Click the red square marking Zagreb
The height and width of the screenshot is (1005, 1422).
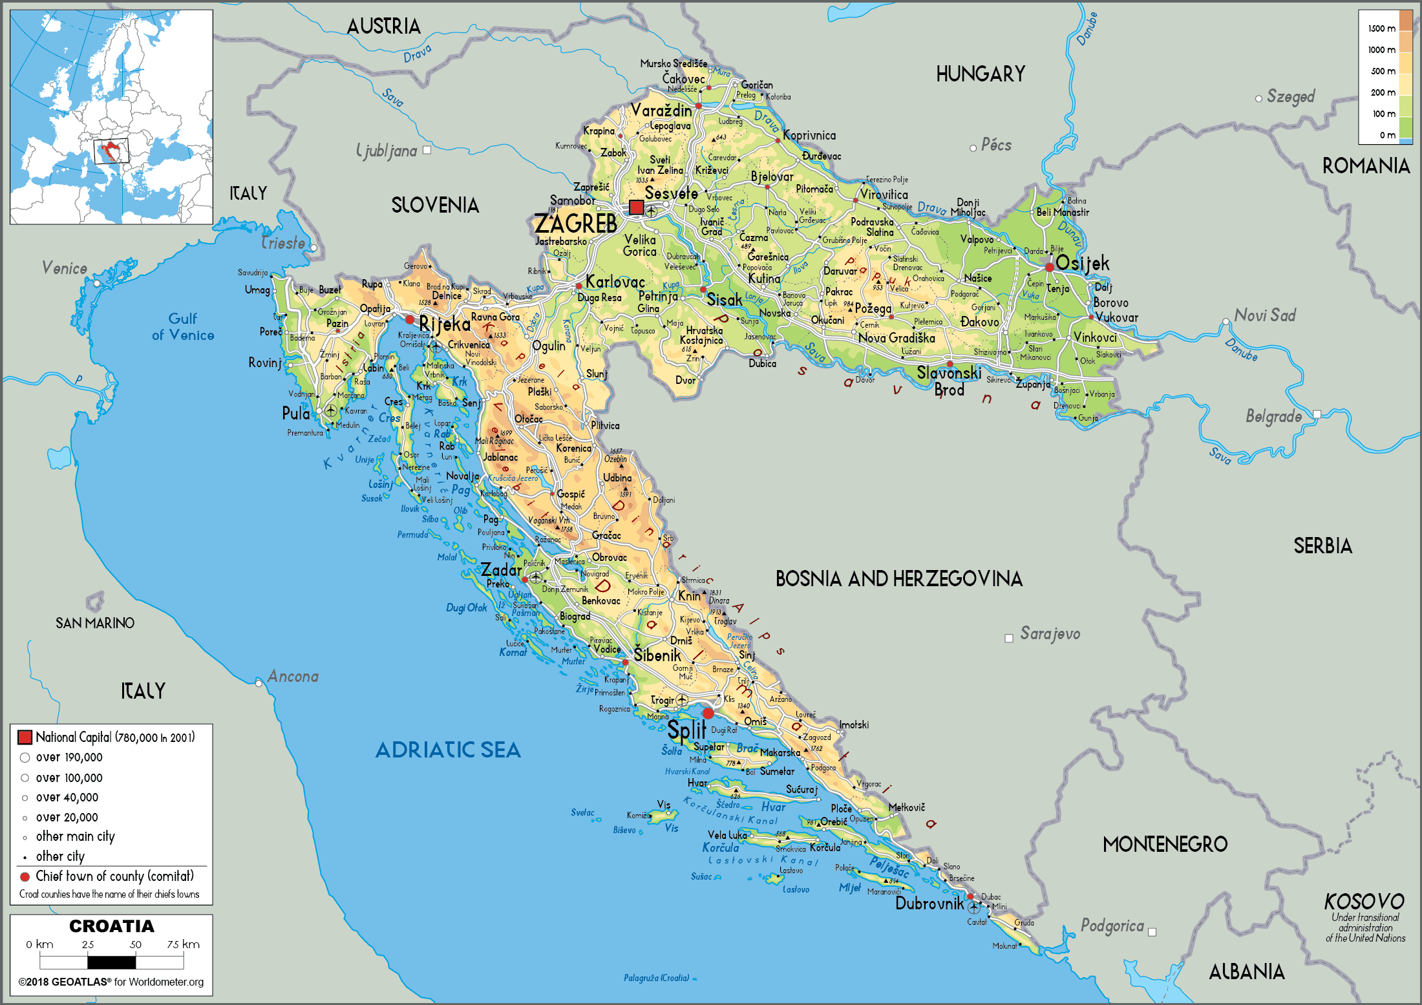click(x=636, y=207)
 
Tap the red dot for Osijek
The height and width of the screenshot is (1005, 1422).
click(x=1049, y=267)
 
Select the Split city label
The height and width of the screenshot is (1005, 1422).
click(x=686, y=730)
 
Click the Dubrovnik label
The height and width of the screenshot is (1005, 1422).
click(x=929, y=904)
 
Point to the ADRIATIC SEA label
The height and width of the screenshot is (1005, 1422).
click(x=448, y=750)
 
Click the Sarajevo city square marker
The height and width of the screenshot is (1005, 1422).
click(x=1008, y=639)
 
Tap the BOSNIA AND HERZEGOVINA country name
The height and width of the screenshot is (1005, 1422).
click(x=898, y=578)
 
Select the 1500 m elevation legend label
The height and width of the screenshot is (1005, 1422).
click(x=1381, y=28)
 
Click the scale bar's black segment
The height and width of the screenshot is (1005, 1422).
click(x=112, y=962)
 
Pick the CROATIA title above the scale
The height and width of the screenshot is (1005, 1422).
click(x=112, y=926)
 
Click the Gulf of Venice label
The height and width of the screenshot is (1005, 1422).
click(x=183, y=326)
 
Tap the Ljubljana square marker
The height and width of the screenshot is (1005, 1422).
click(x=427, y=150)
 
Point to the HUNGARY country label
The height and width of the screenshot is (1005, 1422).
click(x=981, y=74)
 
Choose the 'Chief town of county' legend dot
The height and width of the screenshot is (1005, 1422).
click(x=25, y=877)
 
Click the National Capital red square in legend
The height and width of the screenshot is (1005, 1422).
click(x=25, y=737)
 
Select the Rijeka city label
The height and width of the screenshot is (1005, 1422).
click(x=444, y=324)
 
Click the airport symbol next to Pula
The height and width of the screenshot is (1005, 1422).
click(x=330, y=410)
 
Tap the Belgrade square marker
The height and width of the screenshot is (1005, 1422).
click(x=1317, y=414)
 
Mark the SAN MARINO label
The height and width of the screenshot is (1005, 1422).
click(x=95, y=623)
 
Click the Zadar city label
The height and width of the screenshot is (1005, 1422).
click(x=500, y=570)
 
